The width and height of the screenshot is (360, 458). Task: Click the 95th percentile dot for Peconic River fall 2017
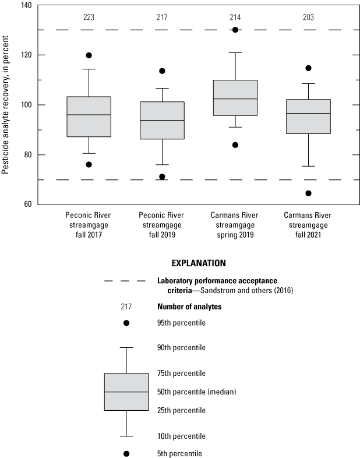[x=89, y=55]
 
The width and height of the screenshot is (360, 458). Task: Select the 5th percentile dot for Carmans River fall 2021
[x=308, y=193]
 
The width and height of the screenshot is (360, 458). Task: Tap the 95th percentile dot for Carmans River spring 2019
[x=235, y=30]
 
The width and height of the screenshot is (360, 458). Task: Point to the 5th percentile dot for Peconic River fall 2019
[x=162, y=177]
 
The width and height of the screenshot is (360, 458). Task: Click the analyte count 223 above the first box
[x=89, y=17]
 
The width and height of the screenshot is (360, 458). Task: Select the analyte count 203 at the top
[x=308, y=17]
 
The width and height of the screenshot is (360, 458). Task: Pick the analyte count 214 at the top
[x=235, y=17]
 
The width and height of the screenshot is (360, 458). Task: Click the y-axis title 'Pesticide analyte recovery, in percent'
[x=6, y=105]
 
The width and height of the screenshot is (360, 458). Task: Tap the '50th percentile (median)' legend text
[x=196, y=392]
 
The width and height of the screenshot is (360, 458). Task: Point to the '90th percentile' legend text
[x=181, y=348]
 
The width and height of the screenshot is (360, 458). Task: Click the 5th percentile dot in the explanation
[x=126, y=453]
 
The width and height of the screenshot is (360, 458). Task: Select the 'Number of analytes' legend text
[x=189, y=306]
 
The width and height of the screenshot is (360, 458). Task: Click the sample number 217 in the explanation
[x=126, y=306]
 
